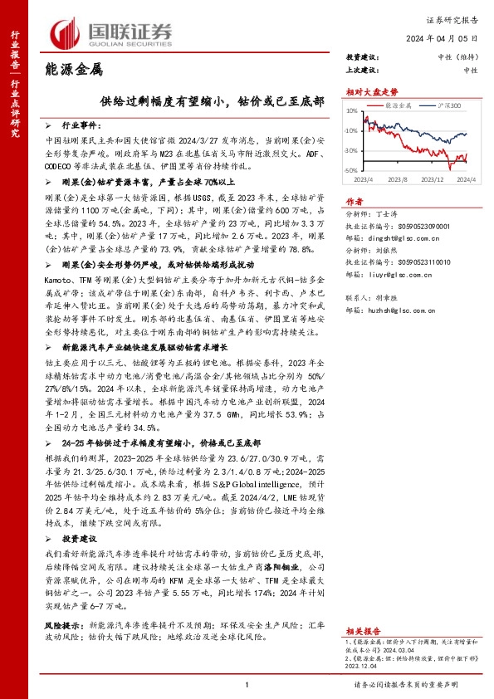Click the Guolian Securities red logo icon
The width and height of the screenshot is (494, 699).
tap(67, 32)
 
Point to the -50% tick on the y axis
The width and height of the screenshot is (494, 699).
tap(351, 169)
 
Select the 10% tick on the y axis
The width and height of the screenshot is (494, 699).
tap(352, 110)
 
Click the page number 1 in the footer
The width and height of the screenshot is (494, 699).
tap(247, 684)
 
